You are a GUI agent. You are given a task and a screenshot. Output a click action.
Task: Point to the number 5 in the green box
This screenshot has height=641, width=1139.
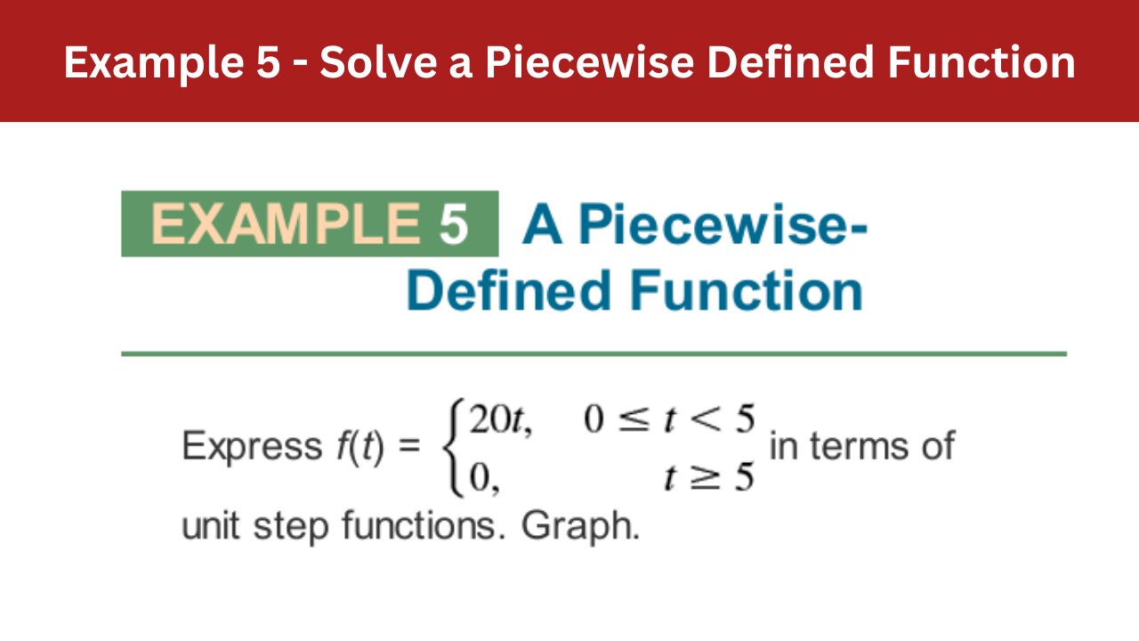[x=453, y=224]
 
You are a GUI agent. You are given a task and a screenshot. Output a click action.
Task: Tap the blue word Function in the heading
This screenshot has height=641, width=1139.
[x=748, y=290]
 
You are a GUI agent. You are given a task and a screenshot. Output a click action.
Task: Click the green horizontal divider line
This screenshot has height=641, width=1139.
[x=594, y=353]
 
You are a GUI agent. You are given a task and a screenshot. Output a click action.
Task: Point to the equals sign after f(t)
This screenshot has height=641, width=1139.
[x=408, y=447]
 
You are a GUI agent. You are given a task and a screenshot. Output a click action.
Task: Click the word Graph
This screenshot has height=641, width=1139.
[x=580, y=526]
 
